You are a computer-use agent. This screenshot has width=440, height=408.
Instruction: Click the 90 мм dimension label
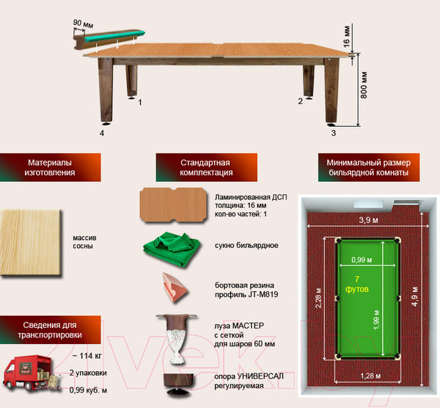click(x=83, y=23)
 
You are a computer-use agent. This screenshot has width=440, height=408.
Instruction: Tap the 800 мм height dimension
click(x=364, y=85)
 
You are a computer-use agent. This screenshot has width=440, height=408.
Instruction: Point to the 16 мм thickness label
click(x=347, y=37)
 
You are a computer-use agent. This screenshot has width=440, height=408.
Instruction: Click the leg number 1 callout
click(x=140, y=102)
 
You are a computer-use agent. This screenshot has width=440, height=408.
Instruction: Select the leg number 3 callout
click(x=334, y=133)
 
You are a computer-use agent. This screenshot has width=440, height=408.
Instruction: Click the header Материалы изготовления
click(x=50, y=167)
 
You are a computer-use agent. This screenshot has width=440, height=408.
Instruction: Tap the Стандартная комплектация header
click(x=207, y=167)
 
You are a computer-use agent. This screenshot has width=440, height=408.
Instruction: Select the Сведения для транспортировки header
click(x=50, y=330)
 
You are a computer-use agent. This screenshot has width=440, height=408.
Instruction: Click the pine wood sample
click(x=30, y=243)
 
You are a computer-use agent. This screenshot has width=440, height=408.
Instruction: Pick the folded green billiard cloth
click(x=172, y=249)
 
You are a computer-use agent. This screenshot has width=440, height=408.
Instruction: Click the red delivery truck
click(x=31, y=374)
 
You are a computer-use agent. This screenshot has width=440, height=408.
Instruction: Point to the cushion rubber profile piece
click(x=175, y=287)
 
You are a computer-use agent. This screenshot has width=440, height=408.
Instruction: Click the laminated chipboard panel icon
click(x=173, y=205)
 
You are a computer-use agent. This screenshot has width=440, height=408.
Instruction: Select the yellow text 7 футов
click(x=357, y=284)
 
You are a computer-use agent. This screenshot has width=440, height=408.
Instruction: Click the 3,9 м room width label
click(x=368, y=220)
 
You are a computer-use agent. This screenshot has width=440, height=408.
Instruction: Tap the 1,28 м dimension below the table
click(x=370, y=376)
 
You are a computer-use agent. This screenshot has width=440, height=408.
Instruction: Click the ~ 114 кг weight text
click(x=87, y=356)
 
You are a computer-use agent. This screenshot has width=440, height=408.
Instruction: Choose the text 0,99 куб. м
click(x=88, y=390)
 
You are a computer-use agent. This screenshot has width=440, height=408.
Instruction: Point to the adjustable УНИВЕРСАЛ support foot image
click(x=178, y=385)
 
